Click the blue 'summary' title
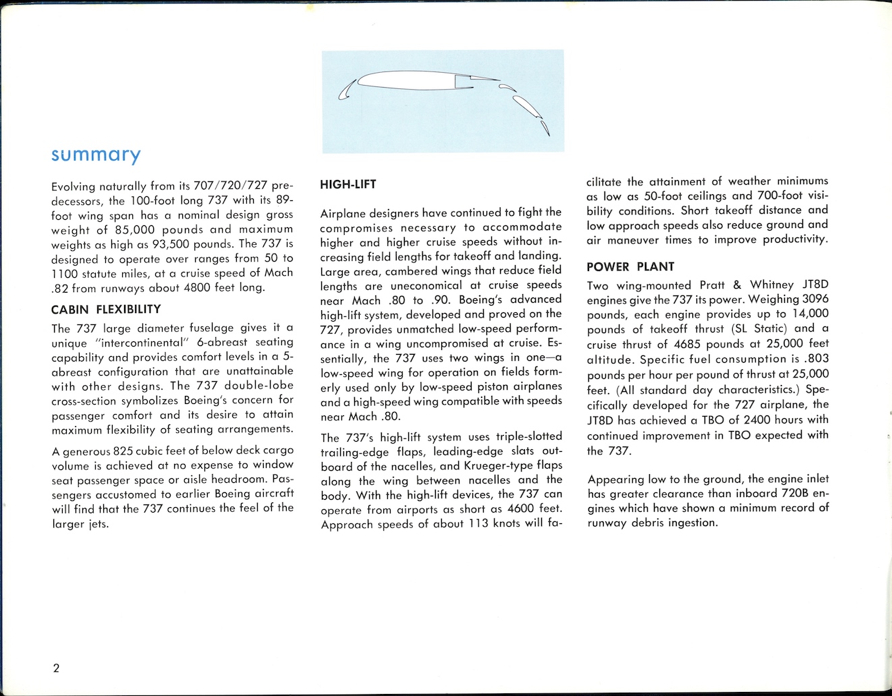(x=96, y=155)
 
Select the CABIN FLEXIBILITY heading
(x=106, y=310)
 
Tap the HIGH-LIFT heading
(x=348, y=184)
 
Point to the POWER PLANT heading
(x=630, y=266)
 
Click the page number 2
(x=56, y=668)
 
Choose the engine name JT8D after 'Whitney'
(x=815, y=284)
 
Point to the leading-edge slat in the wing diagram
(x=345, y=90)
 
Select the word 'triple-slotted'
(x=528, y=436)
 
